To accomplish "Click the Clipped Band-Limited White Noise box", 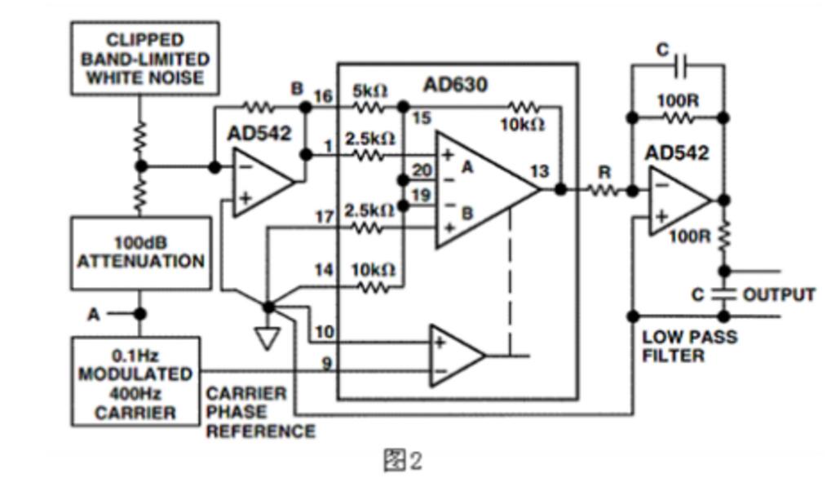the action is pyautogui.click(x=144, y=59).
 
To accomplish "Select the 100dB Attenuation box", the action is pyautogui.click(x=141, y=254).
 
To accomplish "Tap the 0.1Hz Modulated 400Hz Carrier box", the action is pyautogui.click(x=135, y=382).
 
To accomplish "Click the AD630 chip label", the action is pyautogui.click(x=455, y=85).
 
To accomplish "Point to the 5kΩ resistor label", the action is pyautogui.click(x=369, y=91).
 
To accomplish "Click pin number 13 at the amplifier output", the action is pyautogui.click(x=539, y=171).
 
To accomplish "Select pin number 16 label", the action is pyautogui.click(x=323, y=96).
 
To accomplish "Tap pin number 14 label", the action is pyautogui.click(x=324, y=269).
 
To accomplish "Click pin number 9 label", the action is pyautogui.click(x=326, y=364).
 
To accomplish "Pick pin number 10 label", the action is pyautogui.click(x=325, y=332).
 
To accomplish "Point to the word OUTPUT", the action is pyautogui.click(x=779, y=294).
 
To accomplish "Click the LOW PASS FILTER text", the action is pyautogui.click(x=689, y=346).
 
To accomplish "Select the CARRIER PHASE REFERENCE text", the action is pyautogui.click(x=261, y=413).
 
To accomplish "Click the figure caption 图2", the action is pyautogui.click(x=403, y=460).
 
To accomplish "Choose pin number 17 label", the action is pyautogui.click(x=324, y=217).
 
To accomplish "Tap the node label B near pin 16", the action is pyautogui.click(x=297, y=88).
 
